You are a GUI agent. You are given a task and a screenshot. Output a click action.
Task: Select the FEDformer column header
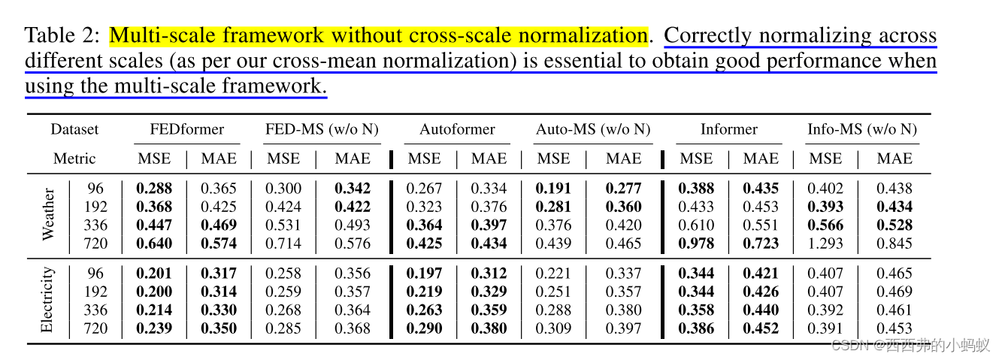tap(186, 129)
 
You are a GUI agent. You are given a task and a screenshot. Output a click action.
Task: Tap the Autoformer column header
tap(457, 129)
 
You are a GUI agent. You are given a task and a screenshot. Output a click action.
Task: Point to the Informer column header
tap(729, 129)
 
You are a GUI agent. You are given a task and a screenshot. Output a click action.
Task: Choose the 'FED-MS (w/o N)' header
tap(322, 129)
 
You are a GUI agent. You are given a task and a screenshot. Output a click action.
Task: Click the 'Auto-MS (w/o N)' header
tap(593, 129)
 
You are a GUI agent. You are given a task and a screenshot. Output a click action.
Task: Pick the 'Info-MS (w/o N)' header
tap(862, 129)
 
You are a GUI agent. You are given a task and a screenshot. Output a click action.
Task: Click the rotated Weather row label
tap(48, 215)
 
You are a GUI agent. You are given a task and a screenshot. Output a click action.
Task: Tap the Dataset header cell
tap(74, 129)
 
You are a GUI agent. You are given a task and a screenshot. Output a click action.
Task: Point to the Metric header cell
tap(74, 159)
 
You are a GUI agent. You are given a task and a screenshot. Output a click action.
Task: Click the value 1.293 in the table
tap(825, 243)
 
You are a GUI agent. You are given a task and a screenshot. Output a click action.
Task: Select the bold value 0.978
tap(696, 243)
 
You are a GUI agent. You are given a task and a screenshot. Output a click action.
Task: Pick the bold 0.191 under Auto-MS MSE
tap(553, 189)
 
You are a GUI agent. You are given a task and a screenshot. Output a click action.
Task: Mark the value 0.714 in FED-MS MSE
tap(283, 243)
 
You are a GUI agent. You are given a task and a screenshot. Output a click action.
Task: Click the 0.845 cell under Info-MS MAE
tap(895, 243)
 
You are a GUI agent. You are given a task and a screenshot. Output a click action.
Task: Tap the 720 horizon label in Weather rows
tap(95, 243)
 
